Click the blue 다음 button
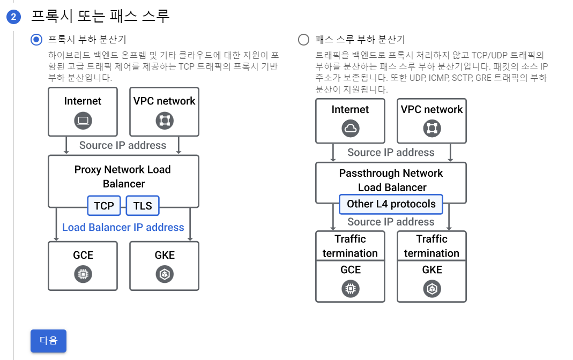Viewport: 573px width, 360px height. click(x=48, y=341)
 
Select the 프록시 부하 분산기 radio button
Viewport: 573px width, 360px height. click(x=36, y=39)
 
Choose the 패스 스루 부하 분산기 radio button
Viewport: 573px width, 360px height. click(x=304, y=39)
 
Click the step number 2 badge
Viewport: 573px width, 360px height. click(x=13, y=17)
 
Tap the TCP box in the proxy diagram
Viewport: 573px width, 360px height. click(x=104, y=206)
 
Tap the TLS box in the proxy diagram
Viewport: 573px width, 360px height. click(x=143, y=206)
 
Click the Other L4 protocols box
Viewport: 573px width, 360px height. click(x=391, y=204)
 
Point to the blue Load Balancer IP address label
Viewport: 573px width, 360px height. click(x=123, y=228)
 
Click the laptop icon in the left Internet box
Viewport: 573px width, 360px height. click(x=83, y=121)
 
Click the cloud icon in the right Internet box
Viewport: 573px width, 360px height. click(x=351, y=129)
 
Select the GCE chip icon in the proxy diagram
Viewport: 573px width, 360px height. click(x=83, y=275)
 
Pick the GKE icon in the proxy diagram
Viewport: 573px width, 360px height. click(x=164, y=275)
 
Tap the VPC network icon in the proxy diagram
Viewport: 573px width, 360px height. click(x=164, y=121)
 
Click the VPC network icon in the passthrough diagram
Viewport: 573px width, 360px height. click(x=431, y=129)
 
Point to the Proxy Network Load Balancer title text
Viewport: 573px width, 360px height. click(x=123, y=177)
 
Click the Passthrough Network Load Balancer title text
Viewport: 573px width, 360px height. click(x=391, y=180)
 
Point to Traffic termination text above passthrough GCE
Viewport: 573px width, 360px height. click(x=351, y=246)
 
